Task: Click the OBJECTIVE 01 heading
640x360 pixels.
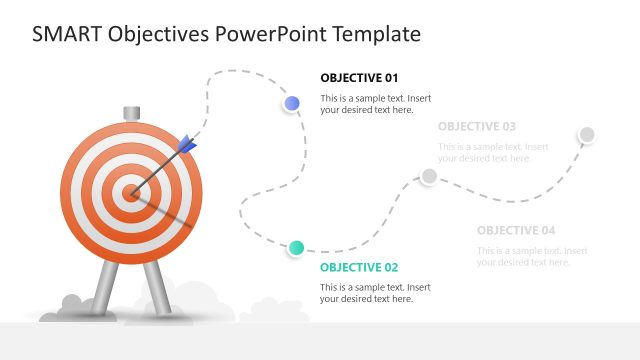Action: pos(359,77)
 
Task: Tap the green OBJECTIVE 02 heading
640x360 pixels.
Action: pos(359,267)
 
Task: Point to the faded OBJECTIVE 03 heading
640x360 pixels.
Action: pos(477,126)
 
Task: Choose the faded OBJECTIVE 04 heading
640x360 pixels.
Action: pos(516,230)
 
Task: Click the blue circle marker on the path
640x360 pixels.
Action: pos(292,103)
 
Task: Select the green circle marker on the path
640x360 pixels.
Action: pos(296,247)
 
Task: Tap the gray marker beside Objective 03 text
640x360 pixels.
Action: pos(428,176)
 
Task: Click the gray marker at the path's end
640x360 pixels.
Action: pos(587,134)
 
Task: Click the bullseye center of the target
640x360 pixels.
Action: pos(130,192)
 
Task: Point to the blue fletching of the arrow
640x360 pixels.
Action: pos(186,146)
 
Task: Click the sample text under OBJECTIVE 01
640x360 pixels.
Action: pos(375,104)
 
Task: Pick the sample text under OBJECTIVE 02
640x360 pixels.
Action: pos(375,293)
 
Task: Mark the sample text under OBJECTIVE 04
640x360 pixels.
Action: pos(531,256)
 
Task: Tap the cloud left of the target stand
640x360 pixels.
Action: pos(72,304)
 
